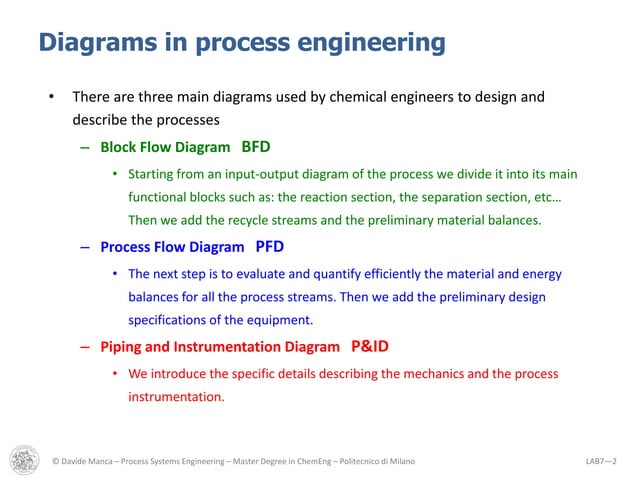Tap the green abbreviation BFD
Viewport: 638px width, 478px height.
tap(256, 145)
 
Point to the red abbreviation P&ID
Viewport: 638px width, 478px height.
tap(369, 346)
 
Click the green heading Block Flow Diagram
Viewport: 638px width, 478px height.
tap(165, 146)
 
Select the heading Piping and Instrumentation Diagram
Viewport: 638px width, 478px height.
tap(219, 347)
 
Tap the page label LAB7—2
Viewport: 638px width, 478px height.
tap(602, 460)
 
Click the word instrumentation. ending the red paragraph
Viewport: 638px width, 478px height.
tap(176, 397)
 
